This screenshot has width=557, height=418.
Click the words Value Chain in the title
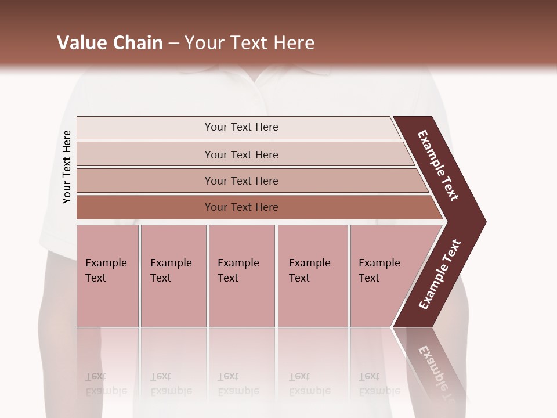click(x=110, y=43)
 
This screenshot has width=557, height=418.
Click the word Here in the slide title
click(x=294, y=43)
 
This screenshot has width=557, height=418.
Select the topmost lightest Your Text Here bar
click(x=241, y=127)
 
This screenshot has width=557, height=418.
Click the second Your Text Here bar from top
click(x=241, y=154)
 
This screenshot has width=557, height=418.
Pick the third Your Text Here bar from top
click(x=241, y=181)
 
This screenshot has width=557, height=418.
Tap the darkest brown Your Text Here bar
click(x=241, y=207)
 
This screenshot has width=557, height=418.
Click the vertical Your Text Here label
click(x=67, y=167)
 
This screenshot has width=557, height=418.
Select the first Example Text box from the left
click(x=107, y=276)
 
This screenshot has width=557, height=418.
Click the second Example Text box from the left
click(x=173, y=276)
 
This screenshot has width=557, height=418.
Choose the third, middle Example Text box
click(x=241, y=276)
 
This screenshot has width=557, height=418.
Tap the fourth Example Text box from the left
click(x=312, y=276)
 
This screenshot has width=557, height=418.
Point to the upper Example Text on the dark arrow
click(x=438, y=165)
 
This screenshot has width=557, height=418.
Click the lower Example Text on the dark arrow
click(x=440, y=275)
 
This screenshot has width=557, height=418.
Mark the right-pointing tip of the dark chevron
click(x=483, y=221)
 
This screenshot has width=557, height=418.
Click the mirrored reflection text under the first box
click(x=106, y=384)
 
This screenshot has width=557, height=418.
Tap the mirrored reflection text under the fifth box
click(x=379, y=384)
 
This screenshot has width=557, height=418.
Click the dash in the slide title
click(x=173, y=44)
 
